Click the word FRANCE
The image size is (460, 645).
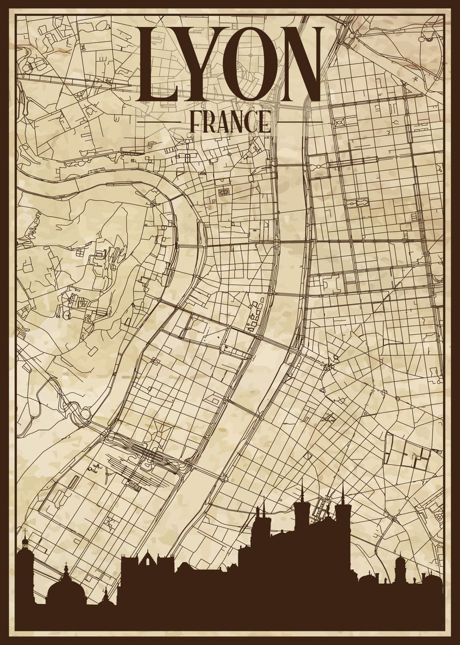(x=230, y=122)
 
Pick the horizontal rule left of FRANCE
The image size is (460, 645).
(x=159, y=122)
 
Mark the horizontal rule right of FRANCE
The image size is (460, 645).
(x=301, y=122)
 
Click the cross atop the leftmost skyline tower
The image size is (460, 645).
(x=24, y=534)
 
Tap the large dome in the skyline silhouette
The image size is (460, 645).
(x=65, y=589)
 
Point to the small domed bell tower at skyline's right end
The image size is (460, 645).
(x=400, y=564)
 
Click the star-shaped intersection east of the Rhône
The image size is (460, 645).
(x=328, y=367)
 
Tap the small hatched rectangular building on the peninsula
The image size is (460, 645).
(x=223, y=191)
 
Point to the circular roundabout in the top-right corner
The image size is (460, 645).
(x=427, y=35)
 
